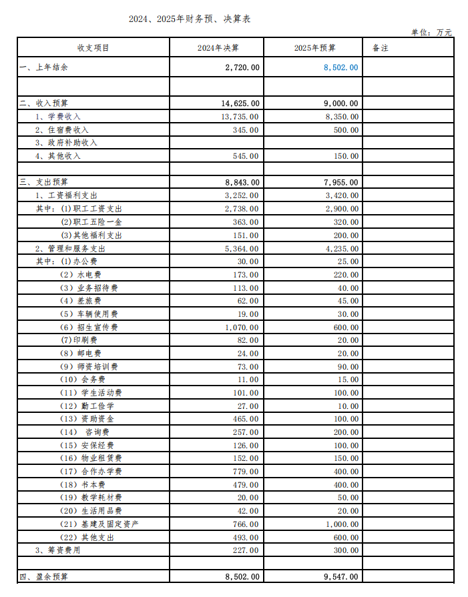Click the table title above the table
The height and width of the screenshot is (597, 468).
190,19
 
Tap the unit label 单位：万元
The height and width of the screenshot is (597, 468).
431,32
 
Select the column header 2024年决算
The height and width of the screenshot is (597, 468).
218,48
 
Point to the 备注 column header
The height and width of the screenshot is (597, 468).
381,48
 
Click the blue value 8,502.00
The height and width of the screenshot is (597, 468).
340,67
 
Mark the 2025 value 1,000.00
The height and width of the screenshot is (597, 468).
340,524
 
